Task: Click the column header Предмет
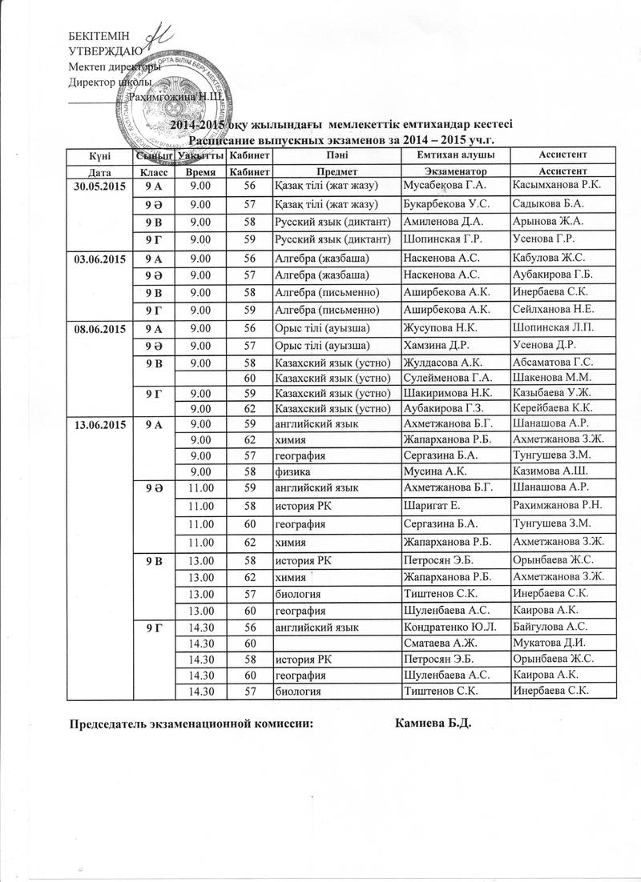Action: [x=336, y=172]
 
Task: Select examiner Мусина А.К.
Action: [x=432, y=471]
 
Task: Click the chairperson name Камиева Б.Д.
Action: [x=435, y=725]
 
